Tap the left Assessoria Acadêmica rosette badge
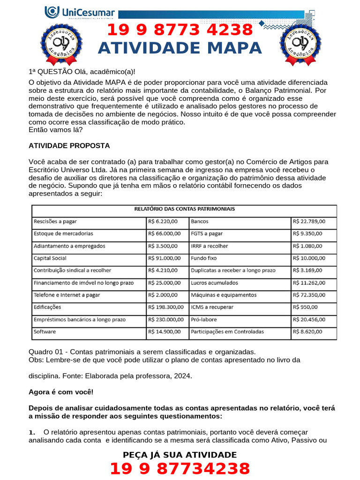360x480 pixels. [61, 43]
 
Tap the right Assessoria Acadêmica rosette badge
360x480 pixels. [301, 43]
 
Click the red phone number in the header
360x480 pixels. [180, 30]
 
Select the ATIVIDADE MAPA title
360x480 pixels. [180, 48]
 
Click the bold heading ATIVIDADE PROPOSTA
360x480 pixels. [69, 145]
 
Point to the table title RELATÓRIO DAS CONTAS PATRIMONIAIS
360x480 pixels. [184, 209]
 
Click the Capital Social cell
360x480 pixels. [50, 258]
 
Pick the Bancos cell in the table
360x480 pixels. [200, 221]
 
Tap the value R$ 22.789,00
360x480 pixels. [309, 221]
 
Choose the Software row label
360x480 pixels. [45, 331]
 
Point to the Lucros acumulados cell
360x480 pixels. [214, 283]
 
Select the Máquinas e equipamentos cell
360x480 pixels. [224, 295]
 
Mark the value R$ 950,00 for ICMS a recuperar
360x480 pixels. [306, 307]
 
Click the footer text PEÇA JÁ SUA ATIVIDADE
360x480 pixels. [180, 455]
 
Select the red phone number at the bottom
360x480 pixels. [180, 469]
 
